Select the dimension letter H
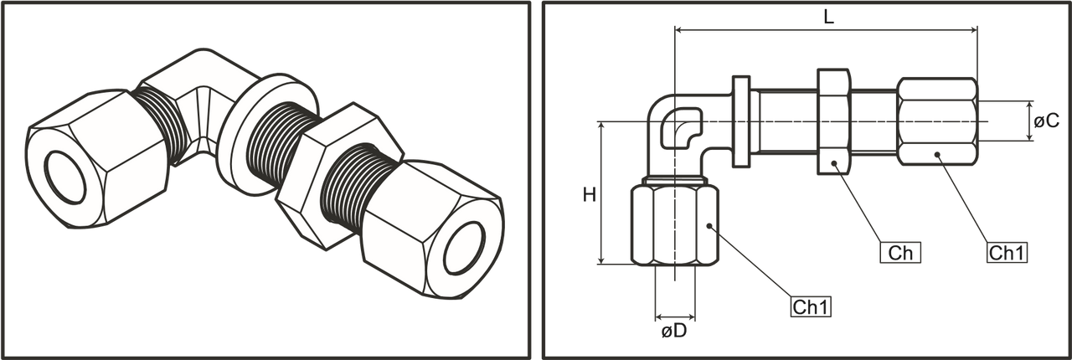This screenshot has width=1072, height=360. [590, 196]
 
